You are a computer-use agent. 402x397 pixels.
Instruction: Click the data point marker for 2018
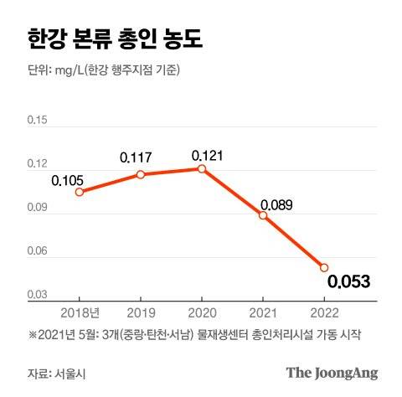tap(80, 192)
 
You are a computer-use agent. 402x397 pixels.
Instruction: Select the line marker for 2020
tap(202, 168)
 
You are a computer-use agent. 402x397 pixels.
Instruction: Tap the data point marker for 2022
tap(324, 267)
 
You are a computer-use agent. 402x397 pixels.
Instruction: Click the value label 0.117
tap(137, 157)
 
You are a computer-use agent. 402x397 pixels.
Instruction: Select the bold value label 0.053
tap(348, 282)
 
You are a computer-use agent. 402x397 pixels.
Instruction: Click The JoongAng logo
tap(332, 373)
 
